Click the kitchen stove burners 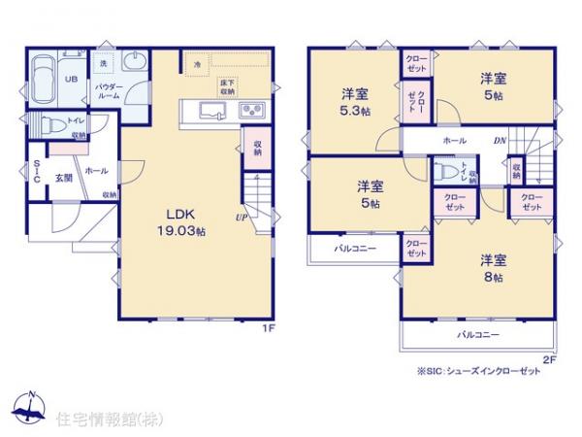click(x=251, y=109)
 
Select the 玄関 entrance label click(x=64, y=178)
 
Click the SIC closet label click(x=35, y=172)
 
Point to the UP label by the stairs click(x=239, y=217)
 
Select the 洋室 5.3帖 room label click(x=353, y=103)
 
